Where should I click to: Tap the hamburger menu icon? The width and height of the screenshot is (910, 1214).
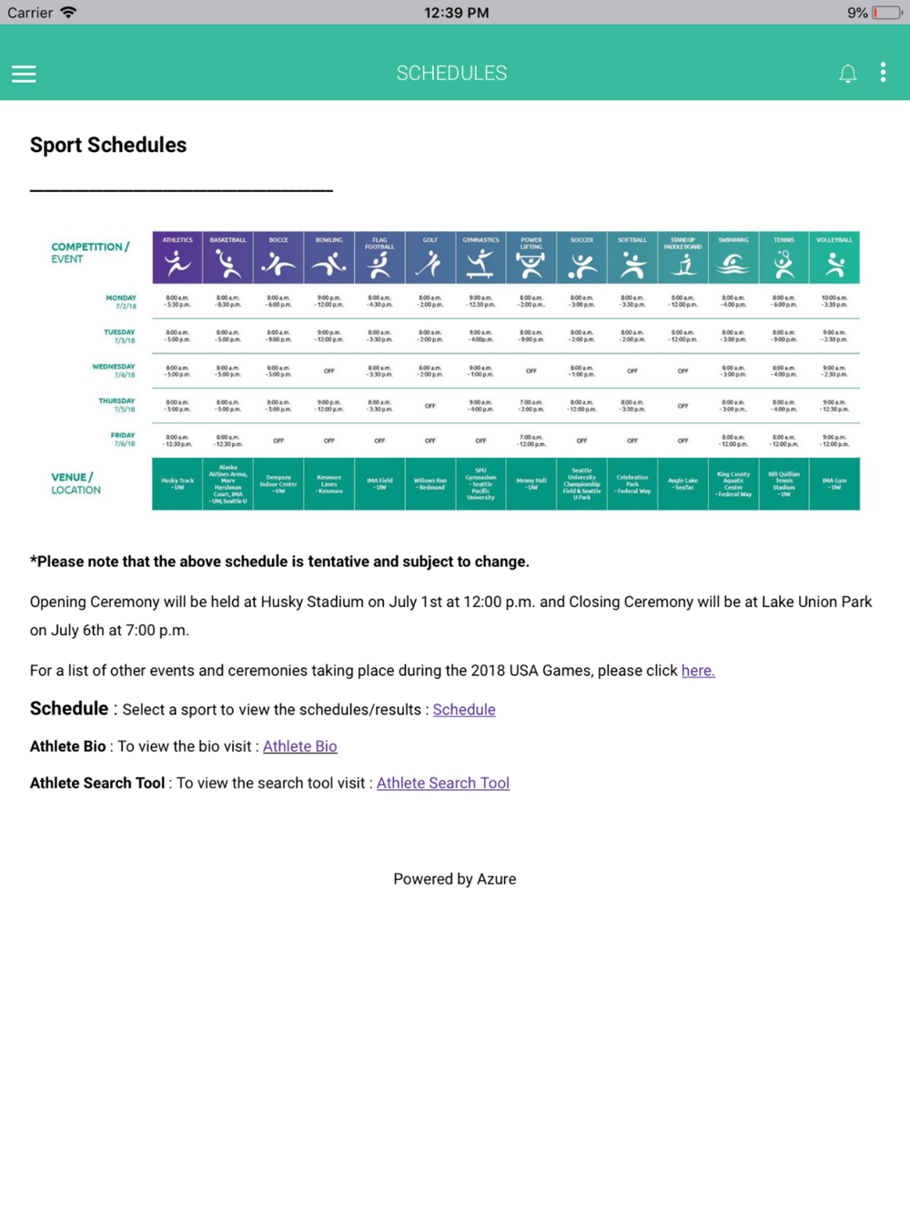point(24,74)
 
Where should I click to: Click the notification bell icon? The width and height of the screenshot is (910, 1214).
point(847,74)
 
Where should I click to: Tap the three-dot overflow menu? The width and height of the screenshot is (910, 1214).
point(883,73)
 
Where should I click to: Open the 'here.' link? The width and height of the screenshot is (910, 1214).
point(698,671)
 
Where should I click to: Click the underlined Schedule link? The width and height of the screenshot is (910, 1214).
point(464,710)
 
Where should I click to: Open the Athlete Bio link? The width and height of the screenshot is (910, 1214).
point(299,746)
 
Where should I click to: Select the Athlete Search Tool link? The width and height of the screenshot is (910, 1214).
point(443,783)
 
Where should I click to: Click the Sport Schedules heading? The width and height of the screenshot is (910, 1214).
point(108,145)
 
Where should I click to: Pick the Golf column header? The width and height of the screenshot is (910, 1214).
point(430,258)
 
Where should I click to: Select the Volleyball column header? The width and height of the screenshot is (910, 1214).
point(834,258)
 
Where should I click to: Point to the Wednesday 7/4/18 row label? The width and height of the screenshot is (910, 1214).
point(115,370)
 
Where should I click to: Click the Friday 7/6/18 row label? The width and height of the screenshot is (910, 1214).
point(123,440)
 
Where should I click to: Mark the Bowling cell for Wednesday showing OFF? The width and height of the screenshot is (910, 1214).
point(329,371)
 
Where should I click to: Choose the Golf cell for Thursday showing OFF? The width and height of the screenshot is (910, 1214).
point(430,406)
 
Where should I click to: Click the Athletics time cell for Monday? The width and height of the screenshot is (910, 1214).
point(177,301)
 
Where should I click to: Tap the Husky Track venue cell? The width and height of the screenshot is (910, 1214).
point(177,483)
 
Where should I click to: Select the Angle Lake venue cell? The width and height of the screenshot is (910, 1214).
point(682,483)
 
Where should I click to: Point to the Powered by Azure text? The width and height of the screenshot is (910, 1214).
point(454,879)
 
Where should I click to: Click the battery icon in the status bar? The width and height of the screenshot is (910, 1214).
point(886,13)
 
